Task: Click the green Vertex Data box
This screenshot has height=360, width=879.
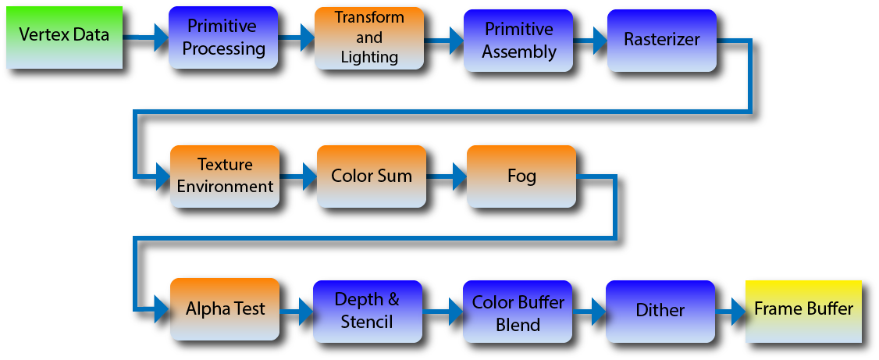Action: [x=65, y=37]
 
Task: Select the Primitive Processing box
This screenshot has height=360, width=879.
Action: [x=223, y=37]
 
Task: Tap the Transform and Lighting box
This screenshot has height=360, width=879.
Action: [x=369, y=38]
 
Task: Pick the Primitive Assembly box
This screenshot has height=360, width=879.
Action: [x=518, y=41]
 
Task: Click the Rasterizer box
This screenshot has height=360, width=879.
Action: [x=662, y=41]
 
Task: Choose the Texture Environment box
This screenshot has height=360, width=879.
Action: [x=225, y=176]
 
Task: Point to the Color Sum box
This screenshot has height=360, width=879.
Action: [x=372, y=176]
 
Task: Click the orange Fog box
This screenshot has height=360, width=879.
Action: [x=521, y=176]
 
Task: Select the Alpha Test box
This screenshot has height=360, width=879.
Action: [x=225, y=309]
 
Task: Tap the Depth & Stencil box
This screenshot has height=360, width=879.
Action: [x=368, y=312]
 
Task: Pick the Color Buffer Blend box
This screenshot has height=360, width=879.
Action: [x=518, y=312]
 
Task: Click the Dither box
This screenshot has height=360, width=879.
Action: [x=660, y=312]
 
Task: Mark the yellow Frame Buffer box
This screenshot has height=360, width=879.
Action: [x=803, y=312]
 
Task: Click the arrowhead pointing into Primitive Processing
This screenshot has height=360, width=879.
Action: [x=162, y=37]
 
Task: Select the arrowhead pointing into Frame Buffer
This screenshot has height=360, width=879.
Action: [x=738, y=312]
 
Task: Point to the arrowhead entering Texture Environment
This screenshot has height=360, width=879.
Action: [x=163, y=176]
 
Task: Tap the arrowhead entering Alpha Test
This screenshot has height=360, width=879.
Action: [x=163, y=309]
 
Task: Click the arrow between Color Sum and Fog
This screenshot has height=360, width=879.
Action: [x=447, y=176]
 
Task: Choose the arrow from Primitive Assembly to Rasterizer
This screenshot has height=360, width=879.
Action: [x=590, y=41]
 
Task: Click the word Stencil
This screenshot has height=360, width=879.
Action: [x=367, y=323]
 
